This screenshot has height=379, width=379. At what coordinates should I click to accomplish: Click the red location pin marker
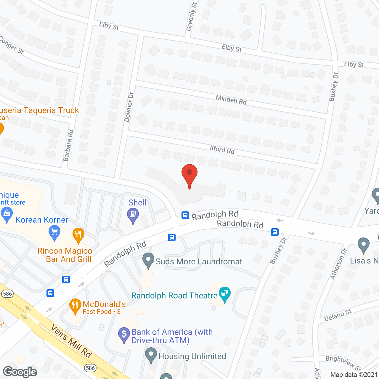pos(189,175)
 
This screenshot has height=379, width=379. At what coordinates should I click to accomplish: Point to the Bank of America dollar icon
pos(124,335)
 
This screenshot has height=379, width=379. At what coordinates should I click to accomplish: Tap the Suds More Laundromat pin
pos(148,261)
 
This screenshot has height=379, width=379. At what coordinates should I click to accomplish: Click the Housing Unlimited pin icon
pos(151,355)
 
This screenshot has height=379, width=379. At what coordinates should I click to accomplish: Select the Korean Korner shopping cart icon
pos(54,233)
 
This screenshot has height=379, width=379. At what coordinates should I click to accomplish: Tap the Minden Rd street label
pos(231,100)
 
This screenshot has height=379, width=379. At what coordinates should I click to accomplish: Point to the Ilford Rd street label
pos(222,150)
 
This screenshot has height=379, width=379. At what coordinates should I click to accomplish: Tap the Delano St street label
pos(338,315)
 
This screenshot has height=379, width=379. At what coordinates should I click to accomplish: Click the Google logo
pos(20,372)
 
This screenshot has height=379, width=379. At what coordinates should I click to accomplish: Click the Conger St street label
pos(12,45)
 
